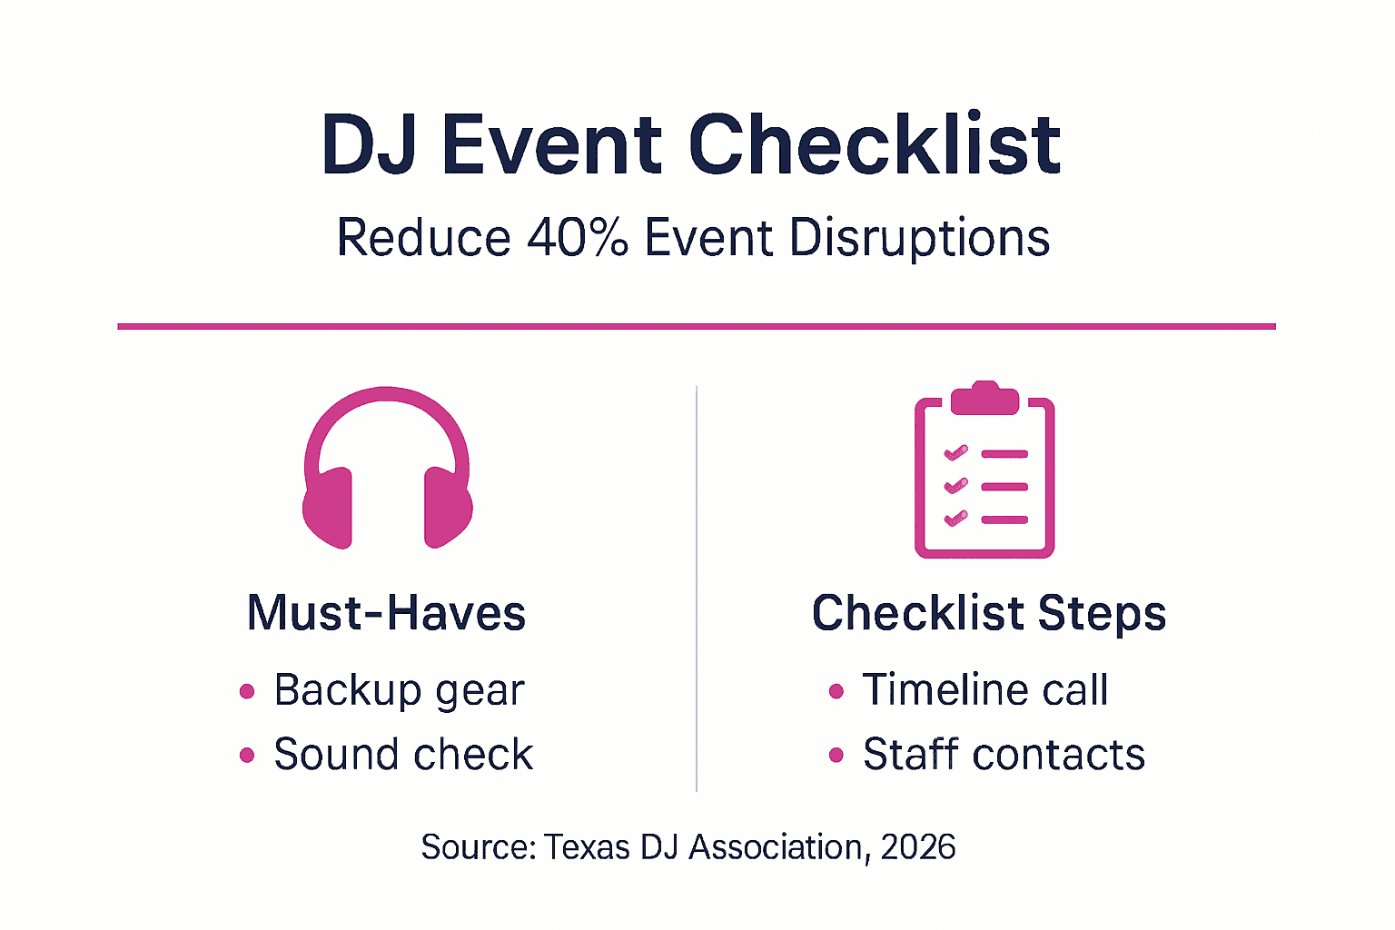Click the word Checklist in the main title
(875, 145)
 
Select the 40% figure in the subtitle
(578, 238)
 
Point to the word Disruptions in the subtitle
(919, 238)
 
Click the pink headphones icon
(387, 468)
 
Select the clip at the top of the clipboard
(984, 398)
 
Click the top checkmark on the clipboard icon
(955, 452)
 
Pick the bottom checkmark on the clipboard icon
(955, 519)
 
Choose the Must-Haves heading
(387, 613)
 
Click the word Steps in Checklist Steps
(1102, 613)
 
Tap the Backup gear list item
(399, 690)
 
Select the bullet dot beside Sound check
(247, 756)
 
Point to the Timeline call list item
(985, 690)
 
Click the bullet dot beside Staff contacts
(836, 756)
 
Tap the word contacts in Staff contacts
(1058, 756)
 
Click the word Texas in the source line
(587, 847)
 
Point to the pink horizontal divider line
(697, 326)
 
